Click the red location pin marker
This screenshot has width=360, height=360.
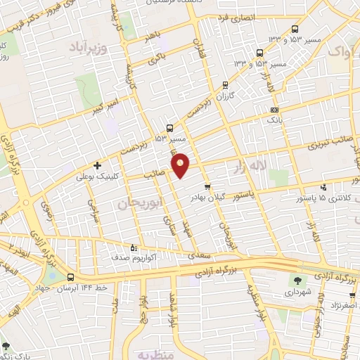181,165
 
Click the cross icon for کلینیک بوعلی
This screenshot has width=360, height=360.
97,166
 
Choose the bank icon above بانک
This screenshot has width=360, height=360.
274,110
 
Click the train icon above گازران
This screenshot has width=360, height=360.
226,82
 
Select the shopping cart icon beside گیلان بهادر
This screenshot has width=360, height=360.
207,187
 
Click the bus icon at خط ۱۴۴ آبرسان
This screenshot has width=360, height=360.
71,277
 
